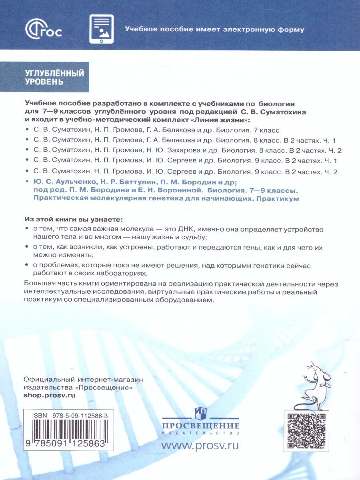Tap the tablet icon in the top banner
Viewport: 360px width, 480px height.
coord(101,29)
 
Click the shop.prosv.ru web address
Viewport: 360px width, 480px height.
coord(50,394)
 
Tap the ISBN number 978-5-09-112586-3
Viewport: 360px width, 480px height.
coord(84,416)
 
